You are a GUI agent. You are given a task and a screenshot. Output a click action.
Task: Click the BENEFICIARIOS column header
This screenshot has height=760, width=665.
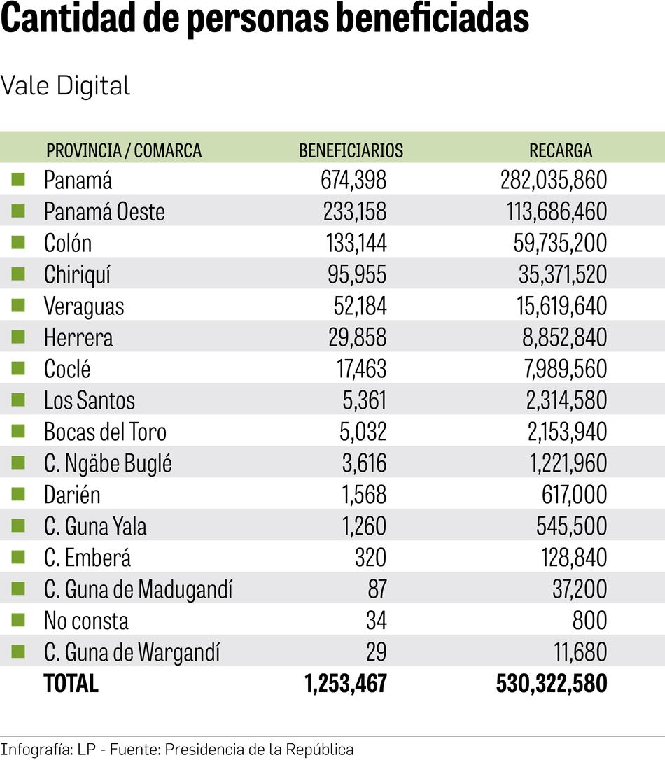[x=351, y=150]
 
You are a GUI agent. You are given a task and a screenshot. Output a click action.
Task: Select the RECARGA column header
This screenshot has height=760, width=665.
[x=560, y=150]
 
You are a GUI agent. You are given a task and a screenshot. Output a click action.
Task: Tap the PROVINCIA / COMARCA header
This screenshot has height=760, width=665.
[x=123, y=150]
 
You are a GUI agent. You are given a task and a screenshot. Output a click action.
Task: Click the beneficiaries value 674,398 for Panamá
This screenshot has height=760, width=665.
[x=353, y=181]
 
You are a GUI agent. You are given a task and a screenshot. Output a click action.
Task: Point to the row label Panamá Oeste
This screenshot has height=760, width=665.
[x=104, y=212]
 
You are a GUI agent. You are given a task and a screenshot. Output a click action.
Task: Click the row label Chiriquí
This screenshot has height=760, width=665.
[x=77, y=275]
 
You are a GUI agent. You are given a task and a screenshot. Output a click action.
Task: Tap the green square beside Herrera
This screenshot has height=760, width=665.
[x=18, y=337]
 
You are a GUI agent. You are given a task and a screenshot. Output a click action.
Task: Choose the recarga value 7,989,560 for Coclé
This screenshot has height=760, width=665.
[x=563, y=370]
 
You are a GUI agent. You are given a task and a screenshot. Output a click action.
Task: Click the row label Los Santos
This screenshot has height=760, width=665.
[x=89, y=401]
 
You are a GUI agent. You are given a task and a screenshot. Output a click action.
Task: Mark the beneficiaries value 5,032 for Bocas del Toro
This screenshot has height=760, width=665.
[x=363, y=432]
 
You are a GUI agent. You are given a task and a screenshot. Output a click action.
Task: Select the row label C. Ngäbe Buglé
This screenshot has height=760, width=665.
[x=108, y=464]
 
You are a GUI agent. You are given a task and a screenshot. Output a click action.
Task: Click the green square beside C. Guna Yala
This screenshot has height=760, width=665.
[x=18, y=526]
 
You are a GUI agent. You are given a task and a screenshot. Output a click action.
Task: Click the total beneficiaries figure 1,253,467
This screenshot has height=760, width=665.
[x=346, y=684]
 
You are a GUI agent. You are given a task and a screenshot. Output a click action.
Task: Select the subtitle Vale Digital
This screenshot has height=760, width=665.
[x=65, y=86]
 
